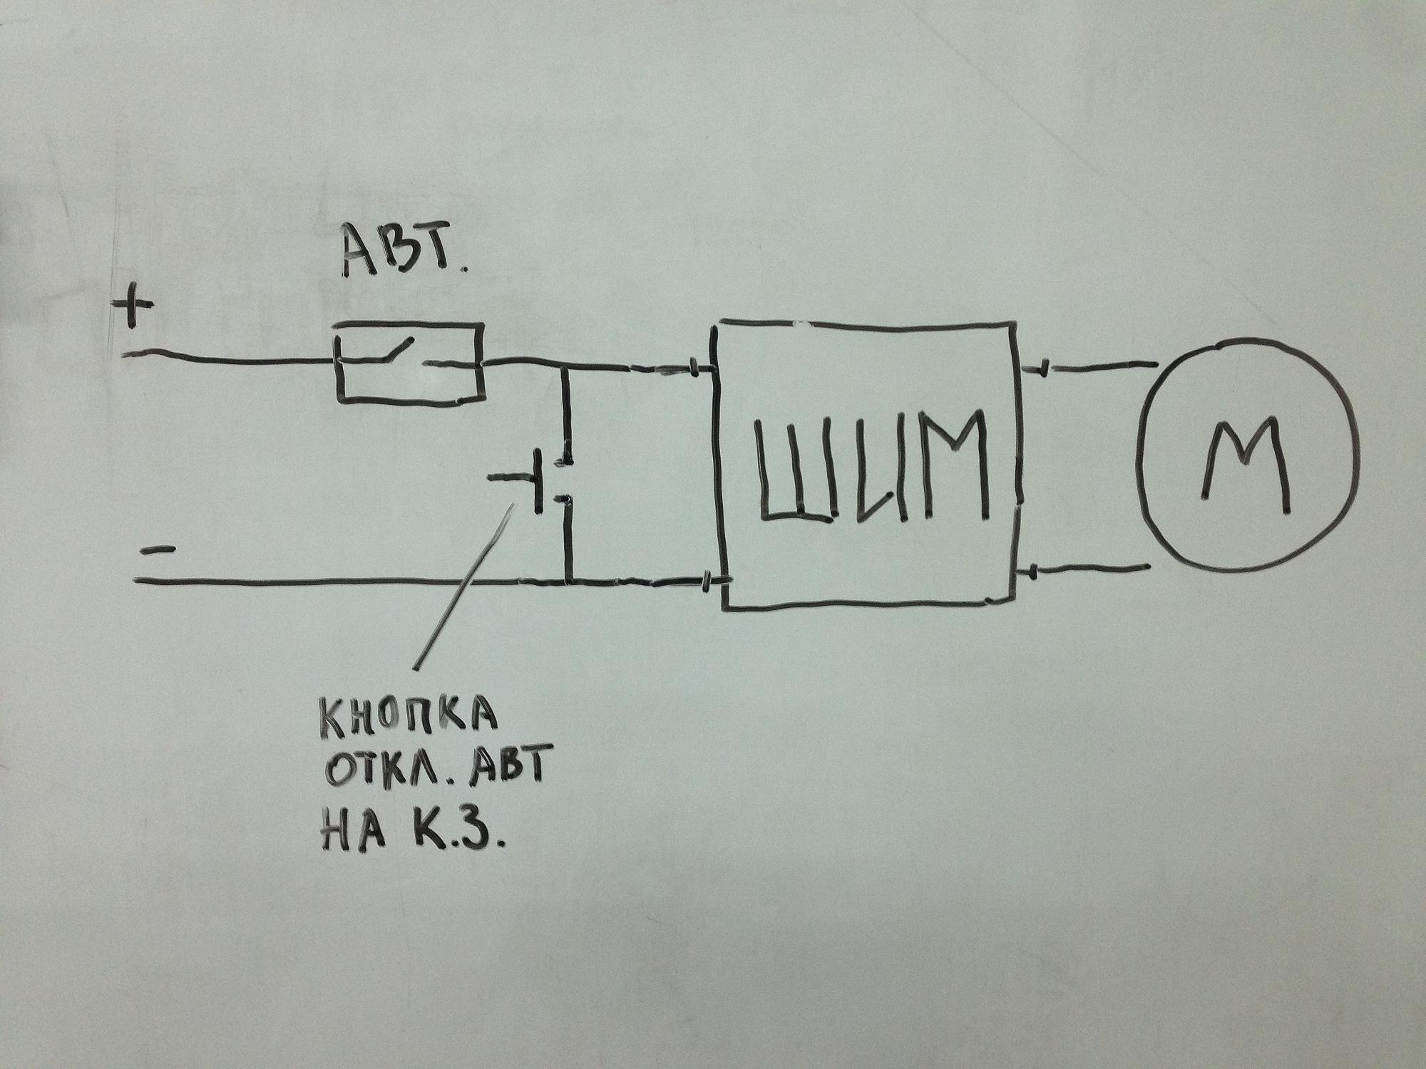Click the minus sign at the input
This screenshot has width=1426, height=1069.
[x=157, y=551]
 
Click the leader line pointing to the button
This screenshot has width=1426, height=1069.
[x=463, y=586]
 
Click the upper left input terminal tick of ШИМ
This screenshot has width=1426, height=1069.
[x=694, y=368]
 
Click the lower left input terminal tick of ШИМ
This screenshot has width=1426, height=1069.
[x=707, y=581]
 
